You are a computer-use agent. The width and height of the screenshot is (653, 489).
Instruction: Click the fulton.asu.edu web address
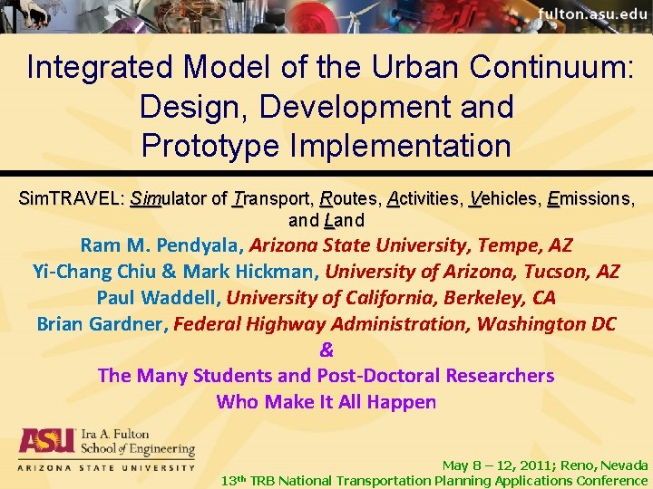click(592, 14)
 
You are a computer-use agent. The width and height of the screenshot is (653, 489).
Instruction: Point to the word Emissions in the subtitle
click(590, 198)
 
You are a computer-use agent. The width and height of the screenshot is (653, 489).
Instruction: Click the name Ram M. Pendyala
click(161, 244)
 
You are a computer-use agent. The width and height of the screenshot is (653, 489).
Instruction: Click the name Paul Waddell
click(157, 297)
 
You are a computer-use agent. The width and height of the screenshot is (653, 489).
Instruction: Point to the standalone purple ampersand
click(326, 350)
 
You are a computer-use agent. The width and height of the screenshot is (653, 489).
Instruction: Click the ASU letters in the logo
click(47, 441)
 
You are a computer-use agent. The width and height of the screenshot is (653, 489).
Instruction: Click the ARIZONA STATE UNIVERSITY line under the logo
click(107, 467)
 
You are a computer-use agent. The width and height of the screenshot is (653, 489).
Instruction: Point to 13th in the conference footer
click(234, 480)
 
